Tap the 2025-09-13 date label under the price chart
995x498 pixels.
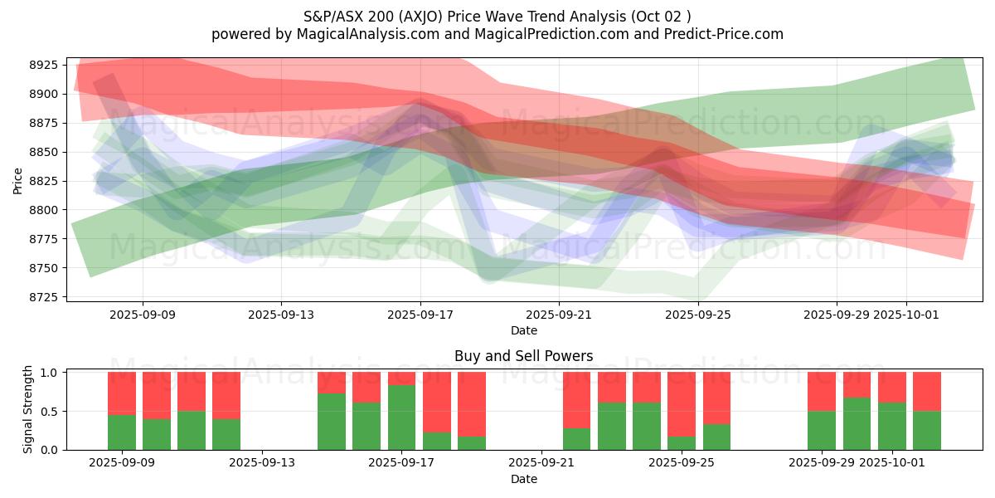tap(281, 315)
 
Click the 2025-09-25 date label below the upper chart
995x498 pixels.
tap(698, 315)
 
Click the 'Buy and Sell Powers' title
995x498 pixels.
tap(523, 356)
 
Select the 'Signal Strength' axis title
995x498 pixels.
tap(28, 409)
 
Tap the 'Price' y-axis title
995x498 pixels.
tap(18, 180)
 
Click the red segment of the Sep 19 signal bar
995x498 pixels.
tap(472, 403)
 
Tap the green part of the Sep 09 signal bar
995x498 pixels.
tap(122, 432)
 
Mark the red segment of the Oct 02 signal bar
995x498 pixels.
tap(927, 391)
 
